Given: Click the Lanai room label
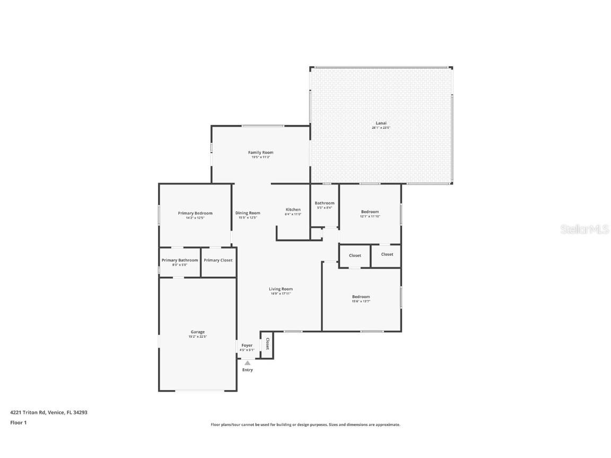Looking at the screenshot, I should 381,123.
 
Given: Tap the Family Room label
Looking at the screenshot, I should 260,153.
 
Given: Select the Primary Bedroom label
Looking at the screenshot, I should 195,213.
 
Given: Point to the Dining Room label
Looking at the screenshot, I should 248,213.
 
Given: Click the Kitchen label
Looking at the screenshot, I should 293,209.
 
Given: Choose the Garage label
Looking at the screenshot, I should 197,332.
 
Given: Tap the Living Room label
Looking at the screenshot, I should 281,289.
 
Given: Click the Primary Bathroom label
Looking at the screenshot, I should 180,260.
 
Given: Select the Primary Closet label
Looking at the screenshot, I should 218,260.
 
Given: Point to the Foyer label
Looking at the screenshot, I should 247,345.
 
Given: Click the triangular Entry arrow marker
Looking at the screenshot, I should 247,363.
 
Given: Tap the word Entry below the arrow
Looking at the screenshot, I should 248,370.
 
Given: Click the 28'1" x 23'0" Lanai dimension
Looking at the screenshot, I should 381,128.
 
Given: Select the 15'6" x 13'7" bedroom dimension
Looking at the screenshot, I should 361,301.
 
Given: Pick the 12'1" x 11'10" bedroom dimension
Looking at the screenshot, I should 370,216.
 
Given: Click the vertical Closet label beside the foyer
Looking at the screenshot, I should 267,343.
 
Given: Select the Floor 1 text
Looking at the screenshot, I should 19,422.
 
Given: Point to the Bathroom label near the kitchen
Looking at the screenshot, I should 325,203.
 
